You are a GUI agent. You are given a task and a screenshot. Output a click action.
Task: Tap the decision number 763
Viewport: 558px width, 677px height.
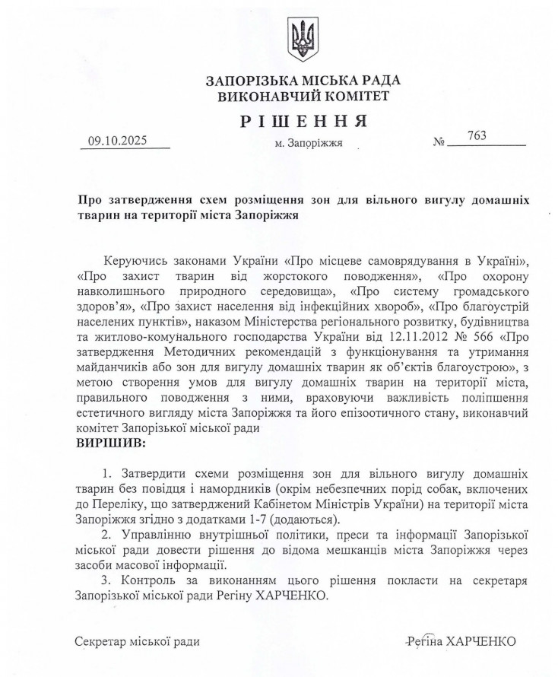pyautogui.click(x=477, y=136)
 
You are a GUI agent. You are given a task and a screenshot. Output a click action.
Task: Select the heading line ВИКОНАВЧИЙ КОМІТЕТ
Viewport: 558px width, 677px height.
pyautogui.click(x=303, y=97)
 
